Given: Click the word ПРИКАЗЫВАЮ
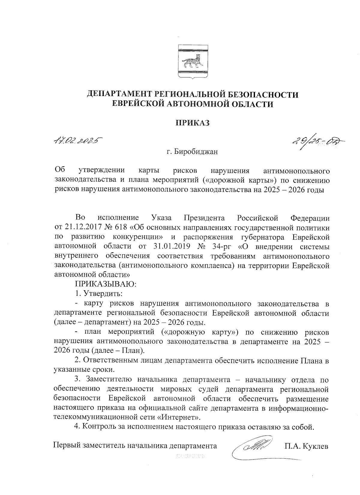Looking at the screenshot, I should [106, 284].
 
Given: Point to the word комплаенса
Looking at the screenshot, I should [210, 266].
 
